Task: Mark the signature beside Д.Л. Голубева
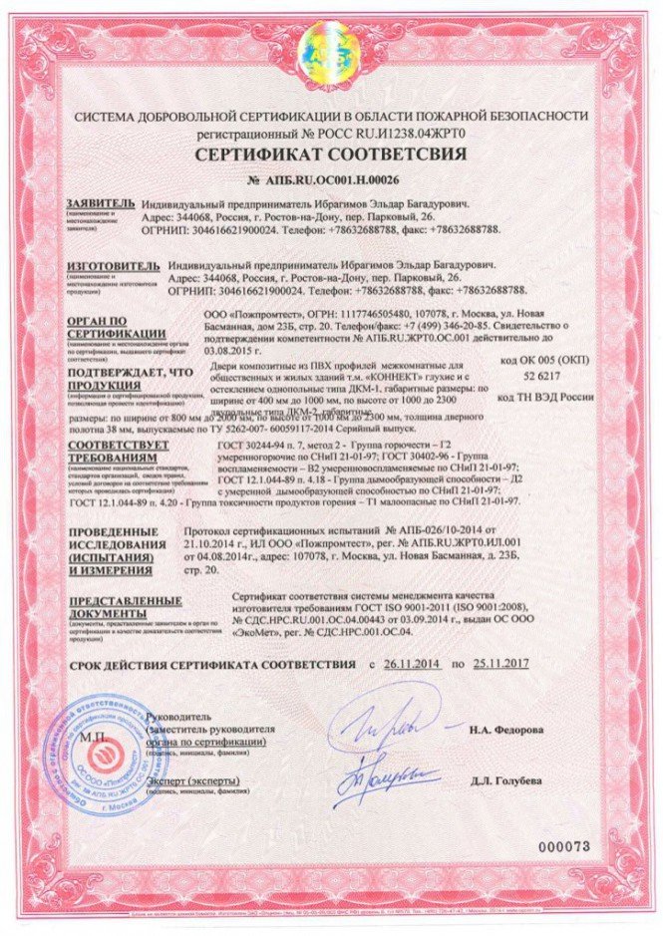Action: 377,773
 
